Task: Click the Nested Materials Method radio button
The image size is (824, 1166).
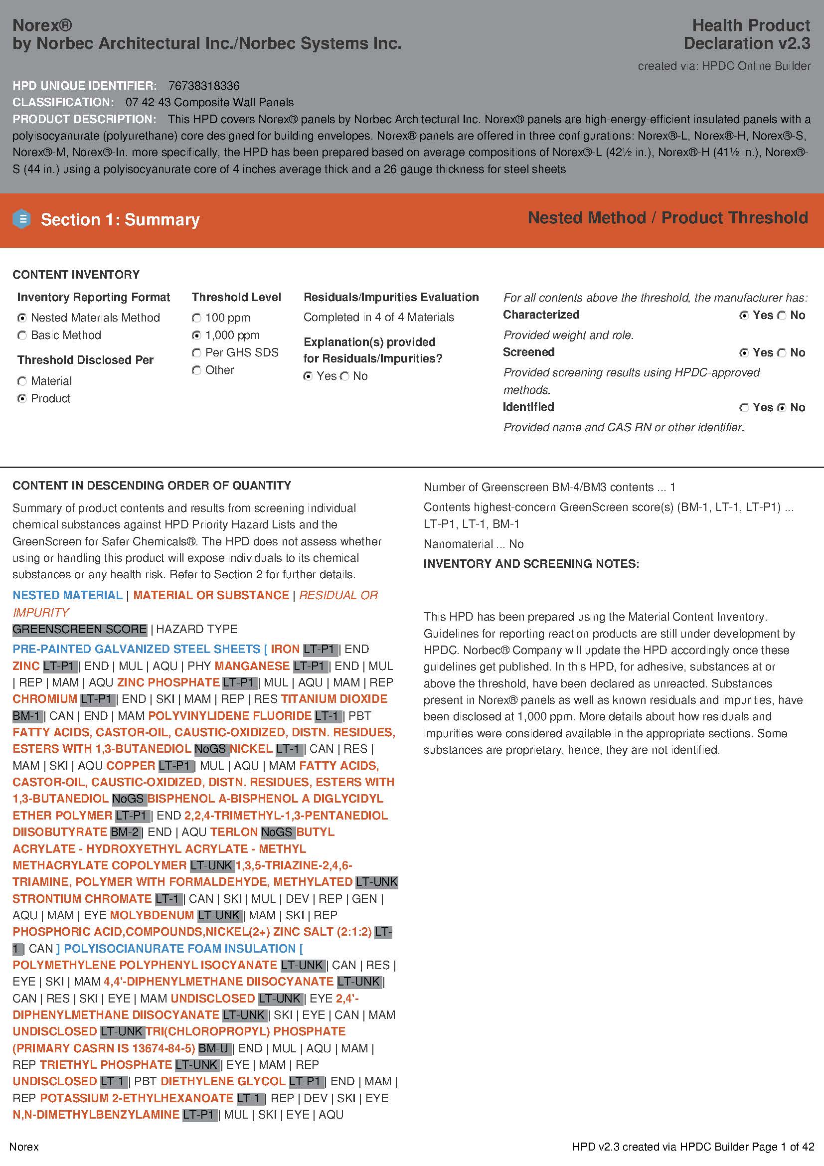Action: pos(22,318)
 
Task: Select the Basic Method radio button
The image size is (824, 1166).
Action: pos(22,335)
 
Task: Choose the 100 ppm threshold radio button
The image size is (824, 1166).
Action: pos(196,318)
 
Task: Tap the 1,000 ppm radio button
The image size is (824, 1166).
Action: pos(196,335)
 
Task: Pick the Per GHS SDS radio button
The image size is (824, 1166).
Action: pos(196,352)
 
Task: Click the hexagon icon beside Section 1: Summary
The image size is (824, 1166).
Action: pos(22,219)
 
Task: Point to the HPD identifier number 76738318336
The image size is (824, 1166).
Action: pos(203,86)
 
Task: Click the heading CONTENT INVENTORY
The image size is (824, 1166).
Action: pos(76,275)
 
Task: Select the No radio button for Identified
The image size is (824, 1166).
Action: pos(782,407)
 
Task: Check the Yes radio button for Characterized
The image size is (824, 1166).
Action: pos(744,316)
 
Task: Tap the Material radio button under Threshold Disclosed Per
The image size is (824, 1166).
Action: pos(22,381)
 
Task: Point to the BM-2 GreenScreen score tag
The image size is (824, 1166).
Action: pos(125,832)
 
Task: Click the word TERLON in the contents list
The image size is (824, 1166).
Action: pos(234,832)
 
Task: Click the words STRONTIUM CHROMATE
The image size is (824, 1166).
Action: pos(82,898)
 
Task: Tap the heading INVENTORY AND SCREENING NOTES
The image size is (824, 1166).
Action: pos(531,564)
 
